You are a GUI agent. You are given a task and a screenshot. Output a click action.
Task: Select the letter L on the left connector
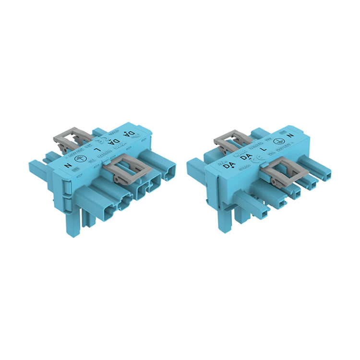click(99, 149)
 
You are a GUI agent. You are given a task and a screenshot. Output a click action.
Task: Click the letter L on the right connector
click(262, 150)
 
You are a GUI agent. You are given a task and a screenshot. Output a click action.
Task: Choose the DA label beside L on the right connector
click(245, 157)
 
